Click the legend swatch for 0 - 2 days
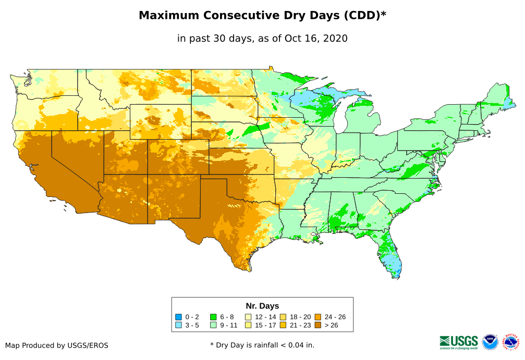coord(178,317)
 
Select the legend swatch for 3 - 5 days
coord(178,325)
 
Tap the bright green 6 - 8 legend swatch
coord(213,317)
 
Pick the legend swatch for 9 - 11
coord(213,325)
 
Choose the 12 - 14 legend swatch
coord(248,317)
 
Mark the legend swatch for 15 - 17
coord(248,325)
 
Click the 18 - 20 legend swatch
coord(283,317)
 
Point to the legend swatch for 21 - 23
coord(283,325)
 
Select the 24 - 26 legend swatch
coord(318,317)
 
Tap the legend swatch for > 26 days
coord(318,325)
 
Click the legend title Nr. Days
coord(262,306)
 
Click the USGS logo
coord(459,342)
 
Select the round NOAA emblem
coord(490,342)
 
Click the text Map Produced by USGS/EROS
coord(57,345)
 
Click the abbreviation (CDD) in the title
coord(360,16)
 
